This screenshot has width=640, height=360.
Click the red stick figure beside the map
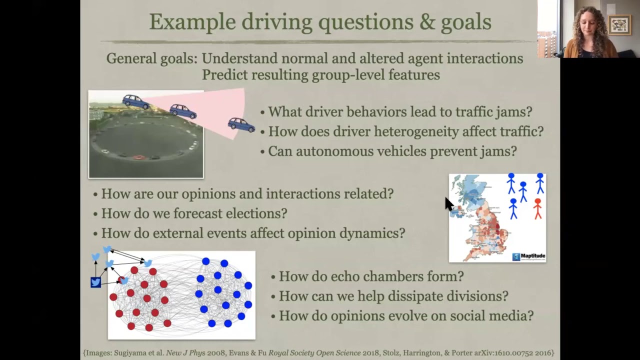(x=537, y=208)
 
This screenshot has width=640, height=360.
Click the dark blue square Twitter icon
(x=95, y=282)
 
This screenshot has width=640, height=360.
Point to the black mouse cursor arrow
(x=448, y=203)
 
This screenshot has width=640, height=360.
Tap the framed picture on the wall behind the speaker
(x=619, y=24)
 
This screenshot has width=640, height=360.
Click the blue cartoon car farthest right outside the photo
(x=241, y=124)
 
